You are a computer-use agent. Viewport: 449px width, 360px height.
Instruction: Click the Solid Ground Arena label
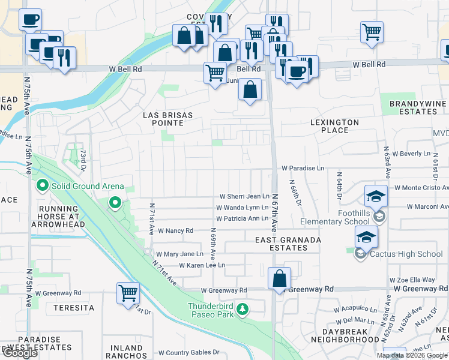click(88, 187)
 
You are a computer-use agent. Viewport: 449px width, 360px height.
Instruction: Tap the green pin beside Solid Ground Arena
click(42, 187)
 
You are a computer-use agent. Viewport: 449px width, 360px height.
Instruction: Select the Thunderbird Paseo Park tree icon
click(243, 309)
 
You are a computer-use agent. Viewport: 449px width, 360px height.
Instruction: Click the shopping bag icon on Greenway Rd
click(280, 278)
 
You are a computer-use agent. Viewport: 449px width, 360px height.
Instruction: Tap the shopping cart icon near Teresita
click(128, 293)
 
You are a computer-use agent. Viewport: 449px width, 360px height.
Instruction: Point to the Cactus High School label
click(406, 254)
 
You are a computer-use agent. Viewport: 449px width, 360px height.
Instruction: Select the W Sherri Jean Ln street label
click(244, 196)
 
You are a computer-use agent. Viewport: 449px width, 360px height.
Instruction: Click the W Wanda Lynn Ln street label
click(243, 208)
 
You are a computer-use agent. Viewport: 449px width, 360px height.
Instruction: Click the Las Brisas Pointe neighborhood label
click(163, 118)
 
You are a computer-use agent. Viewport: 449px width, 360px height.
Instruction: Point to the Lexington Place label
click(334, 126)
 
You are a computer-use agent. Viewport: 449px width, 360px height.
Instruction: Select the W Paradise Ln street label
click(303, 169)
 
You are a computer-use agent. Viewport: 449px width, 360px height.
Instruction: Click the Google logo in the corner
click(20, 353)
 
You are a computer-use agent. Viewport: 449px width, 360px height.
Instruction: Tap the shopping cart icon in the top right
click(372, 31)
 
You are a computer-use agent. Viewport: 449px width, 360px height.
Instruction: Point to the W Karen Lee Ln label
click(202, 265)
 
